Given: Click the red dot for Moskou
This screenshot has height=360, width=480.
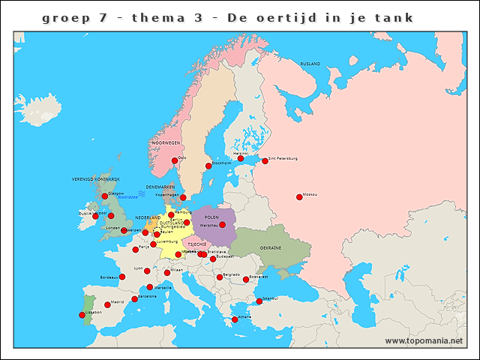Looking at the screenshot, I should tap(299, 197).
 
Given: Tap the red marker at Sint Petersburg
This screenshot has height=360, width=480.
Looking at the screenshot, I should tap(265, 161).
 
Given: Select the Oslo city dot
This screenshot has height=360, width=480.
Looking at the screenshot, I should tap(175, 160).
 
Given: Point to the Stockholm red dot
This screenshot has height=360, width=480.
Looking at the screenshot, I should tap(208, 166).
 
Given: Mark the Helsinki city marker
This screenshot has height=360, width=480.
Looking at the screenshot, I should tap(241, 158).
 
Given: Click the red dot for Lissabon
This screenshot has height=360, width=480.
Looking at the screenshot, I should tap(82, 315).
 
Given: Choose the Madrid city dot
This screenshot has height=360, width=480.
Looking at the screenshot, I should tap(107, 304).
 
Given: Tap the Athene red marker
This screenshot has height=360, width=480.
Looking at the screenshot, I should tap(235, 319).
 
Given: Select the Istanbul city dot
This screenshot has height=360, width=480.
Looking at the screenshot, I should tap(259, 301).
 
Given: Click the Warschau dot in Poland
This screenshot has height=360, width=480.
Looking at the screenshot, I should tap(222, 224).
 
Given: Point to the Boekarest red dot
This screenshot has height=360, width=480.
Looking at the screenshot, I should tap(246, 280).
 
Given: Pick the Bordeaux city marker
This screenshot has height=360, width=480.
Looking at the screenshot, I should tap(122, 277).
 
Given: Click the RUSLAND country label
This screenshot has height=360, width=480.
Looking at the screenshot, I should tap(310, 64).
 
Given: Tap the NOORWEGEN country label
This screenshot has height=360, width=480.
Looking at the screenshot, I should tap(166, 142).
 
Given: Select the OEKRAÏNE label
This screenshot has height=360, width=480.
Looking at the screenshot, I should tap(271, 247).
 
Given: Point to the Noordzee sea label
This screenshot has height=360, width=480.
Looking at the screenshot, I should tap(127, 196).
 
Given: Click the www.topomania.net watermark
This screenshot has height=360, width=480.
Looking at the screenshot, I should tap(424, 341).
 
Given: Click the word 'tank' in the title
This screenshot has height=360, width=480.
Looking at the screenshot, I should tap(396, 17).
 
